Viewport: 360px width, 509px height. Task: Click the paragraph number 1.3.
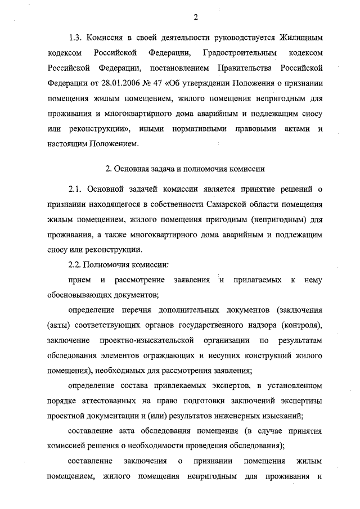pos(76,38)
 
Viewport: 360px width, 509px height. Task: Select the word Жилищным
pos(302,38)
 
